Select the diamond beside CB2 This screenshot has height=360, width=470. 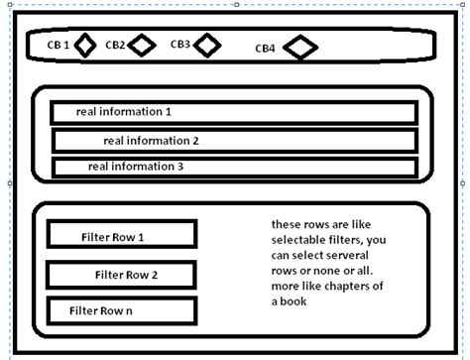(143, 45)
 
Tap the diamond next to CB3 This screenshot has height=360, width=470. (206, 45)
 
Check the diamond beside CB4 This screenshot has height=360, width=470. (300, 47)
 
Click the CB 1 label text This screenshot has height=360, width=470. (59, 45)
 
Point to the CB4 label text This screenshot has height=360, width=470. (266, 48)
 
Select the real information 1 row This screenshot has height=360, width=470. (234, 112)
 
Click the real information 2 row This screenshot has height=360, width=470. (234, 140)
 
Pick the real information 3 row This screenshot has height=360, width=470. (234, 167)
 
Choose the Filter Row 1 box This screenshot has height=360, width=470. (121, 236)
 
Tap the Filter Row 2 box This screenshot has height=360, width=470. (121, 275)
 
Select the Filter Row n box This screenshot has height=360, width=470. (121, 310)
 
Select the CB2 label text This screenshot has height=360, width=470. (116, 45)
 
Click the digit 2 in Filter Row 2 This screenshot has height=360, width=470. (154, 275)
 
